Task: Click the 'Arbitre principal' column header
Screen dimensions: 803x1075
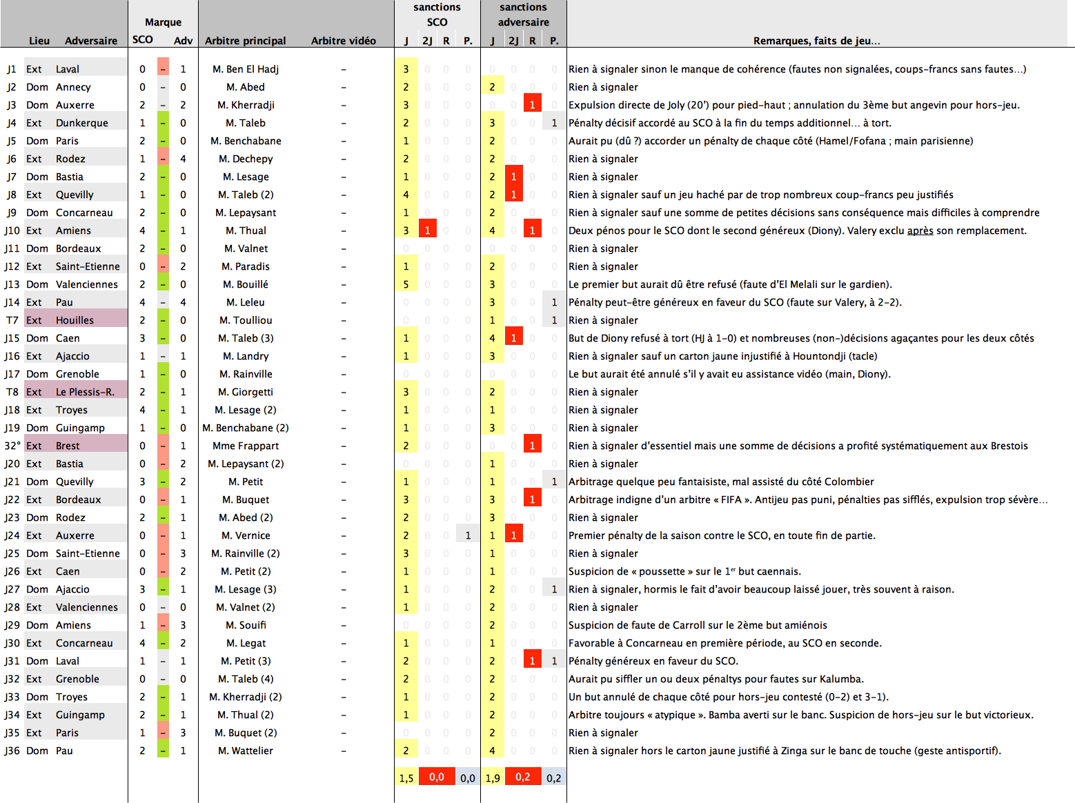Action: coord(245,41)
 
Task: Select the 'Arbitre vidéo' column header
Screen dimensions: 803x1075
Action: coord(343,41)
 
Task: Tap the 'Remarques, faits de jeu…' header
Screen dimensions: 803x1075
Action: coord(816,41)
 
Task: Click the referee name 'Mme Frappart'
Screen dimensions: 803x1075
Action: coord(246,446)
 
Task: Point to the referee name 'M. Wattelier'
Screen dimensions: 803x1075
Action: coord(246,751)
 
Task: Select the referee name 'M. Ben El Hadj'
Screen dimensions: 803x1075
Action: coord(246,69)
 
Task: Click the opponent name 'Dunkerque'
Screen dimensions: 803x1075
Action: coord(82,123)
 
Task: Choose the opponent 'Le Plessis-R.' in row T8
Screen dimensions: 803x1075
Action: coord(85,392)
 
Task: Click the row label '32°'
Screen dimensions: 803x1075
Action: coord(12,446)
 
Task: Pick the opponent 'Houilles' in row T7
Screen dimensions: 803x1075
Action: coord(75,320)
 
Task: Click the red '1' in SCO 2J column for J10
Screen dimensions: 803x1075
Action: coord(428,230)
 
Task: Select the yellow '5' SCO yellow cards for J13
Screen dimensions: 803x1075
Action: coord(406,284)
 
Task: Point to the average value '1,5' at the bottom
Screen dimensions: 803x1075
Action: coord(406,778)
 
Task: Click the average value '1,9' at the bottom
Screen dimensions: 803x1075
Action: coord(493,778)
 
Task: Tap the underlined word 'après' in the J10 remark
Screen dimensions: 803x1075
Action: coord(920,230)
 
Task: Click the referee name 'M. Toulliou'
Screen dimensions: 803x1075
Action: coord(246,320)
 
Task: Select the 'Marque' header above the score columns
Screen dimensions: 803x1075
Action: coord(163,22)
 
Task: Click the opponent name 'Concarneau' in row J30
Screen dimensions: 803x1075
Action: coord(84,643)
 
